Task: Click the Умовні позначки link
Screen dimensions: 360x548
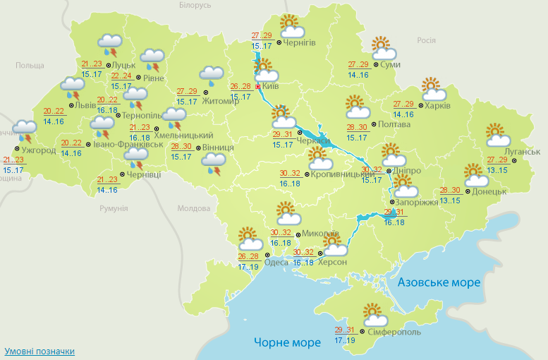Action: [x=39, y=351]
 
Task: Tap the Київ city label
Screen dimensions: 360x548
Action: [x=270, y=86]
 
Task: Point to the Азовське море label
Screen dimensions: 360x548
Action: [x=439, y=282]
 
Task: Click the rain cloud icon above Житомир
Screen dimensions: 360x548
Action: [x=211, y=74]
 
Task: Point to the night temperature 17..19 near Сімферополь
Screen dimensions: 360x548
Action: [x=345, y=340]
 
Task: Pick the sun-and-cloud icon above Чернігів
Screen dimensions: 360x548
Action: [x=291, y=26]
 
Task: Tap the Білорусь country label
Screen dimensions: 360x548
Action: [x=195, y=5]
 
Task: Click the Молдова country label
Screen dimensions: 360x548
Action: [x=194, y=209]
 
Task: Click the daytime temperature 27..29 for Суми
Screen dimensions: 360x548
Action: [x=358, y=64]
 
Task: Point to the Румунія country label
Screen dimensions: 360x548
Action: [x=114, y=208]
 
